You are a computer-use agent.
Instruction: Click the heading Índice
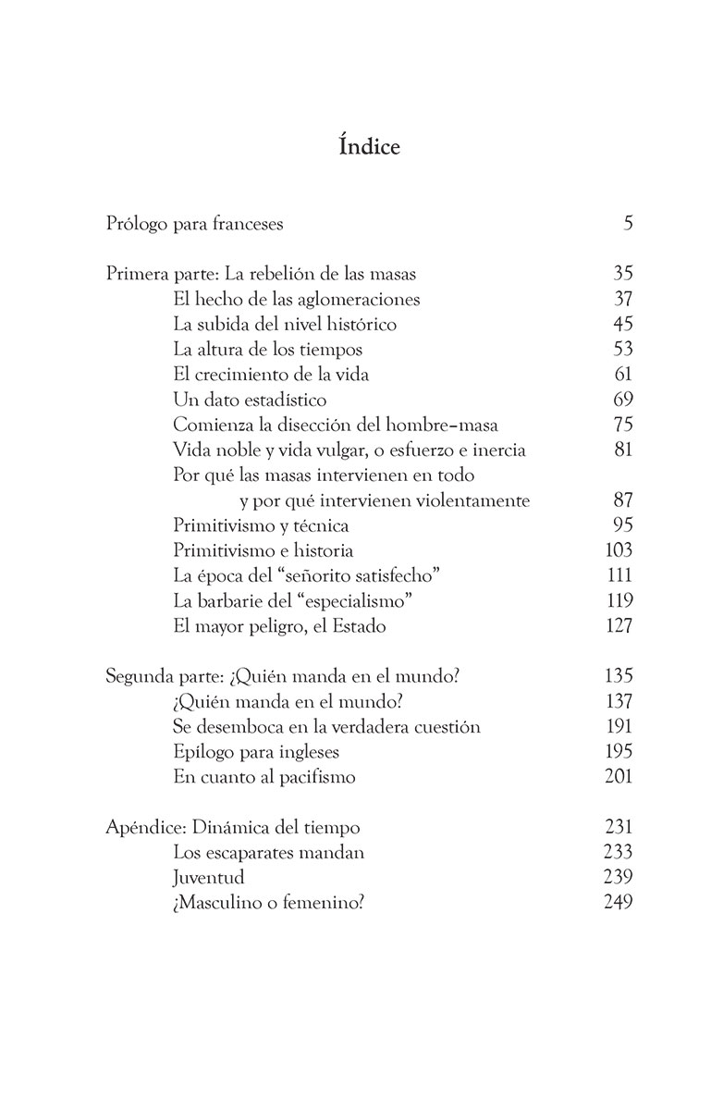[x=355, y=147]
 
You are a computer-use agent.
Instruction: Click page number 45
[x=622, y=325]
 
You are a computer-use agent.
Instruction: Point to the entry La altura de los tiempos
[x=267, y=350]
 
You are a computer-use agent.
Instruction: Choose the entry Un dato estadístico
[x=250, y=400]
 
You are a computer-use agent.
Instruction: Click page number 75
[x=622, y=425]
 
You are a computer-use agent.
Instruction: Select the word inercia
[x=496, y=450]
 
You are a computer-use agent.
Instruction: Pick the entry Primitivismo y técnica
[x=261, y=525]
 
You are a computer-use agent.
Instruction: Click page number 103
[x=619, y=550]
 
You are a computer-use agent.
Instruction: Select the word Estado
[x=356, y=625]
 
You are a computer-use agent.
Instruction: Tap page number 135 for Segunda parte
[x=618, y=676]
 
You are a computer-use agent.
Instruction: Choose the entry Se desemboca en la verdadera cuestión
[x=326, y=726]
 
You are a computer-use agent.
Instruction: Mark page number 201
[x=618, y=776]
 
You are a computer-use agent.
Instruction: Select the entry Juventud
[x=209, y=877]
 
